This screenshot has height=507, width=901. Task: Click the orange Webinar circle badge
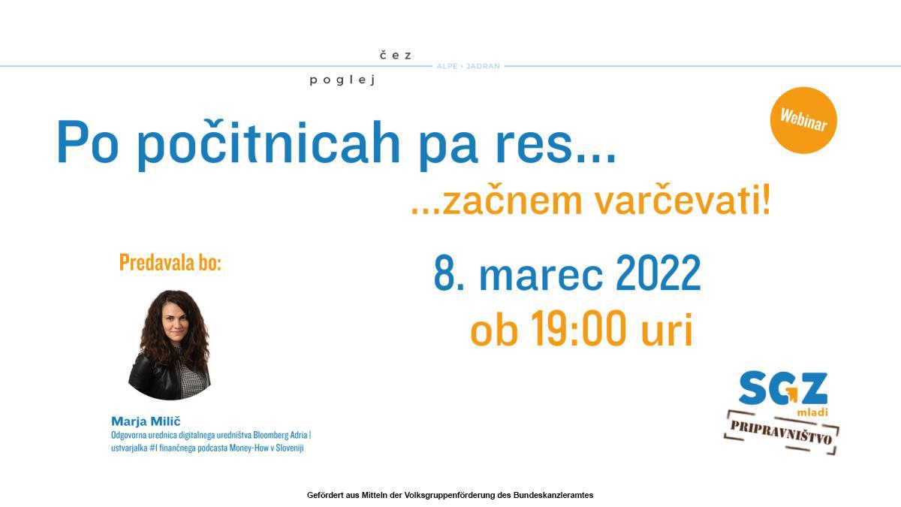coord(803,120)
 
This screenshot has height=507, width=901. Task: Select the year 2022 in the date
coord(658,273)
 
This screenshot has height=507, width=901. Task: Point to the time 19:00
coord(578,328)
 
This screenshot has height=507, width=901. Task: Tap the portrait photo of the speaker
coord(170,345)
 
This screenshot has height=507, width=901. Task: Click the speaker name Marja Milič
coord(146,421)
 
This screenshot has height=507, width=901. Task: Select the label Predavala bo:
coord(170,262)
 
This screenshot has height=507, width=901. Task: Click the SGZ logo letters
coord(783,388)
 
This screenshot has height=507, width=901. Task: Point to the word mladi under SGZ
coord(812,412)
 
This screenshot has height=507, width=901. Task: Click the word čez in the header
coord(396,55)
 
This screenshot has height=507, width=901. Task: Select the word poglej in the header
coord(342,80)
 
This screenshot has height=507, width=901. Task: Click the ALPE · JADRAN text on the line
coord(469,66)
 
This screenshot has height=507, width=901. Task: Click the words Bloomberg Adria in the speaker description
coord(280,435)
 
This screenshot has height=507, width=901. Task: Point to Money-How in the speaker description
coord(249,448)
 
